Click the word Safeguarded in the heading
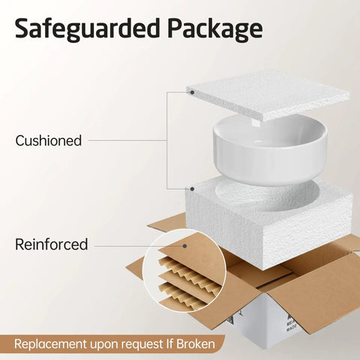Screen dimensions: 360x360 point(87,28)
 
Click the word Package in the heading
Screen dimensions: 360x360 point(215,29)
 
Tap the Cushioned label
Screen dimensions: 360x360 point(49,140)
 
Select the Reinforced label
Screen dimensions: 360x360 point(52,244)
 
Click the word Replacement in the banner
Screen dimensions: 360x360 point(51,344)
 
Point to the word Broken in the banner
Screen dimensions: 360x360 point(196,343)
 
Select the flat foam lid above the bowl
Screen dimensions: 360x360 point(268,96)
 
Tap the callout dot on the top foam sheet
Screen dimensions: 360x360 point(192,92)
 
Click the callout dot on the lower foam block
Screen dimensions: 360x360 point(192,189)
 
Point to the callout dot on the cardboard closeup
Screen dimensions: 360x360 point(184,246)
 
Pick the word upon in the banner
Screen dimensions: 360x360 point(104,345)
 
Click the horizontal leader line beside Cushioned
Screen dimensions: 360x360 point(127,140)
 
